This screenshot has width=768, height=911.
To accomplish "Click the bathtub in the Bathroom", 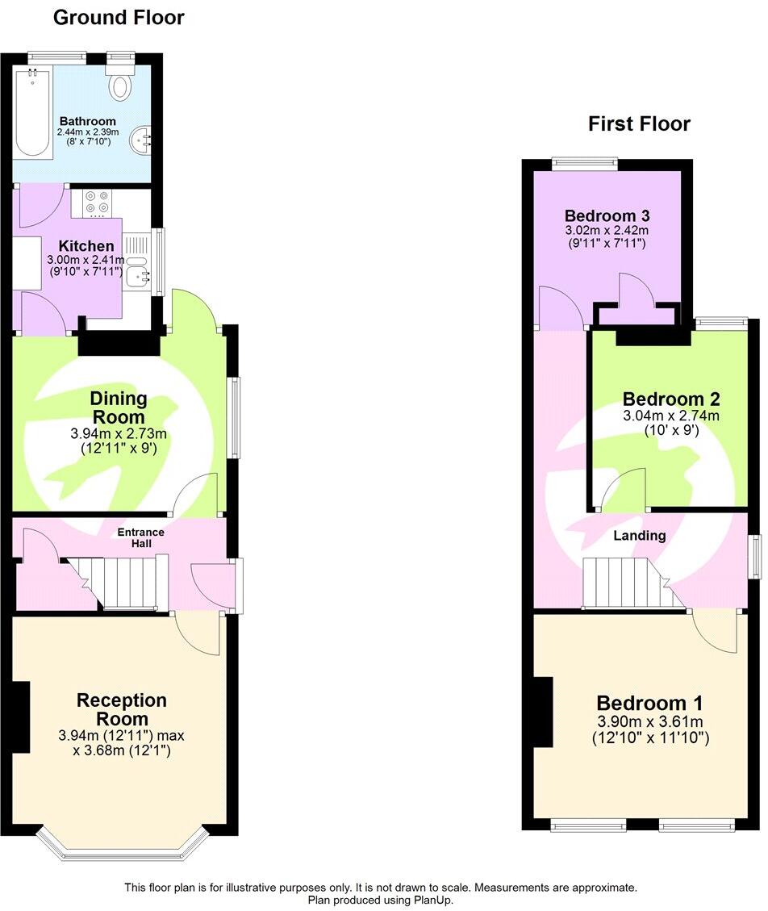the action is point(33,111).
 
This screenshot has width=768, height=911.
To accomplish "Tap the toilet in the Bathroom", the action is point(120,81).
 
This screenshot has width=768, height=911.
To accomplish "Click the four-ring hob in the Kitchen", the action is point(97,203).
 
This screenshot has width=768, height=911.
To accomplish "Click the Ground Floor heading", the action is point(119,18).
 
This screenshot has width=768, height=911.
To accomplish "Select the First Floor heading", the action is point(639,123).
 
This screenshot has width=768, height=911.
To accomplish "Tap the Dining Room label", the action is point(119,407).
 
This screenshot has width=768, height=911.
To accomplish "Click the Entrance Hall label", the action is point(140,537).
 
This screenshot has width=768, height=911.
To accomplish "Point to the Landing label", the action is point(640,535).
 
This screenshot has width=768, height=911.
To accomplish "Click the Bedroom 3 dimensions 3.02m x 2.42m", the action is point(607,230).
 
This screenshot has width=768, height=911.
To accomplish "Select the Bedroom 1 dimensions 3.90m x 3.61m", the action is point(650,721).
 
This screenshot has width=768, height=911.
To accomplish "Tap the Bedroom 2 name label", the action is point(671,399).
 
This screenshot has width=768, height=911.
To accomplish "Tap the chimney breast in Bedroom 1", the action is point(543,711).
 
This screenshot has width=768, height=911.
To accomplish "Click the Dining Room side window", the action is point(234,417).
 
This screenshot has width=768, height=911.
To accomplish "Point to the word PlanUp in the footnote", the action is point(432,900).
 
